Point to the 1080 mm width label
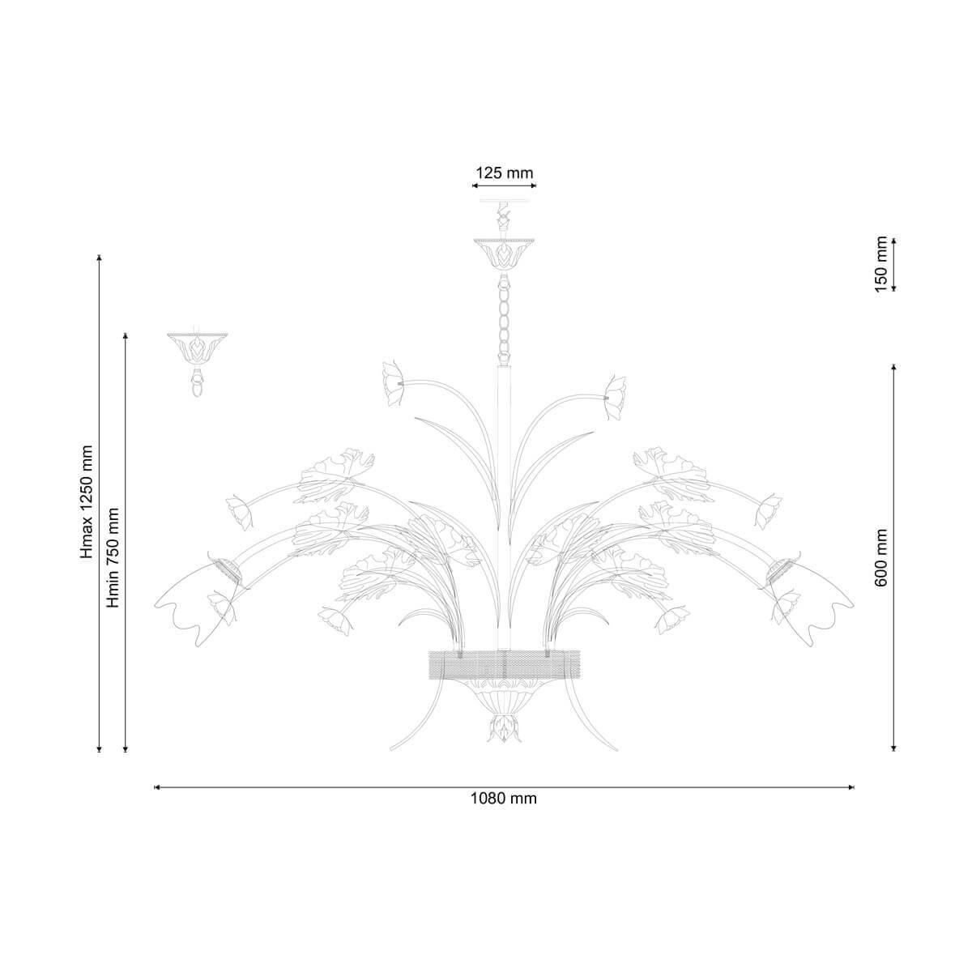click(x=503, y=799)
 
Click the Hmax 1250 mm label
click(x=87, y=502)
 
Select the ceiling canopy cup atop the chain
click(x=503, y=253)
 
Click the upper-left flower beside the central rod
click(x=394, y=384)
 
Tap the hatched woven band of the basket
click(x=503, y=666)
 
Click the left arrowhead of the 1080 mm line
click(x=156, y=787)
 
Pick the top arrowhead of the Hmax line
click(x=99, y=258)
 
